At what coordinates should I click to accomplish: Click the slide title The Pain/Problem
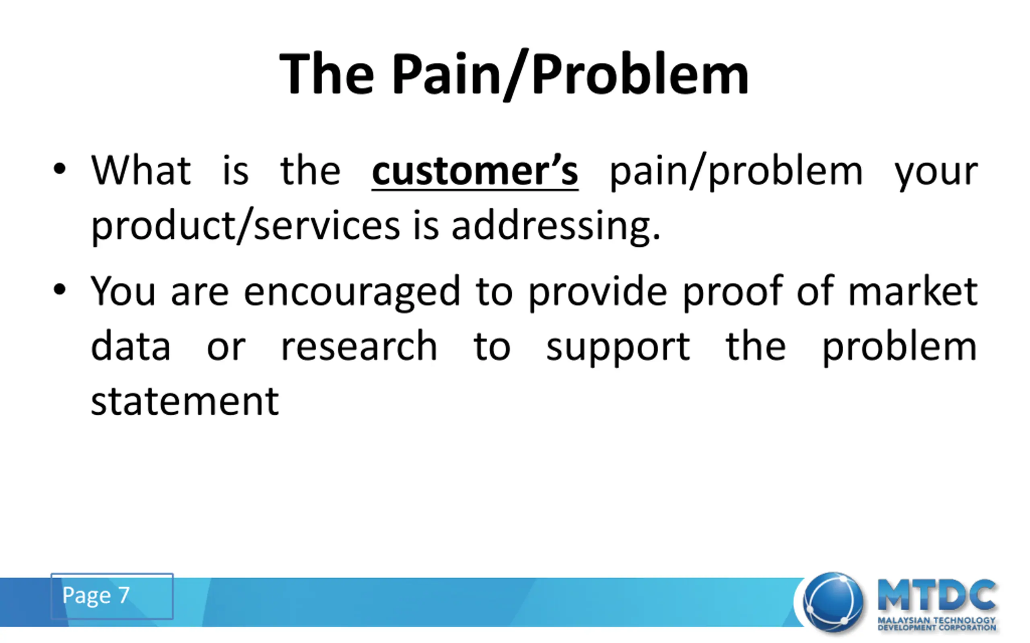click(514, 74)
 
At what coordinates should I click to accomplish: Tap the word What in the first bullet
click(141, 170)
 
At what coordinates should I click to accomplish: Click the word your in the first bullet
click(936, 174)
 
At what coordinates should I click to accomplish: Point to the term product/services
click(245, 225)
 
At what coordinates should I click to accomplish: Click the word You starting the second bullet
click(123, 291)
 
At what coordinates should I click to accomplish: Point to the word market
click(913, 291)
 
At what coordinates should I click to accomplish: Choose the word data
click(131, 345)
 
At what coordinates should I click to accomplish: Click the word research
click(359, 345)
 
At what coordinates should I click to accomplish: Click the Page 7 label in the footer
click(96, 595)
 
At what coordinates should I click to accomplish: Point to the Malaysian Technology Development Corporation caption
click(937, 624)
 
